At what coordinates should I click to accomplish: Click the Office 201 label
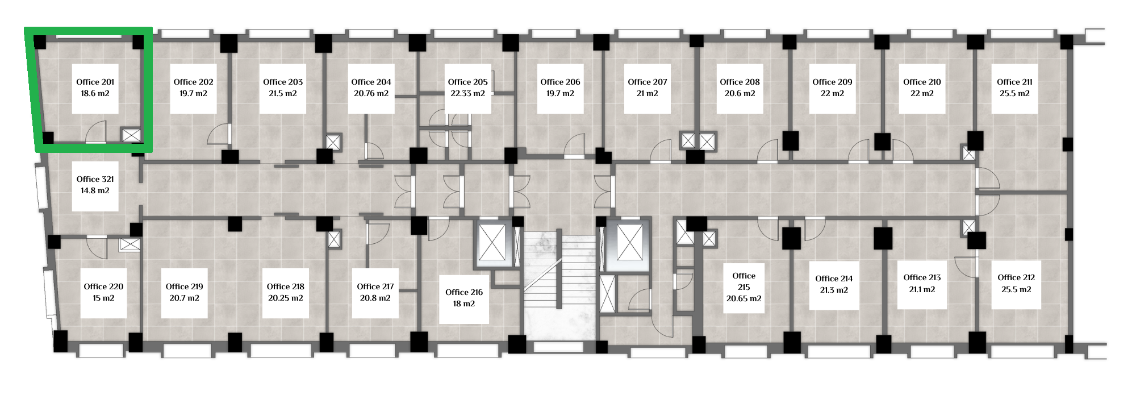pos(95,82)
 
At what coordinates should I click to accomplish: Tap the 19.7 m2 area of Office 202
pos(193,93)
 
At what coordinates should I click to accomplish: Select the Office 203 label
pos(283,82)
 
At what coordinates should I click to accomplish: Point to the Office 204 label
pos(371,82)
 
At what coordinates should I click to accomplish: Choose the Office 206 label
pos(560,82)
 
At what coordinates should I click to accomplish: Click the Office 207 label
pos(648,82)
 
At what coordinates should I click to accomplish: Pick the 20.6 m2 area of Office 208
pos(740,93)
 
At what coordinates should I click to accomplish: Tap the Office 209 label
pos(832,82)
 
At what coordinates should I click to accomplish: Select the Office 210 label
pos(922,82)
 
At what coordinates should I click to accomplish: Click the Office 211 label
pos(1014,82)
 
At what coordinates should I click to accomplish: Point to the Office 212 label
pos(1016,277)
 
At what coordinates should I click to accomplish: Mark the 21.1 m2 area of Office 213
pos(922,289)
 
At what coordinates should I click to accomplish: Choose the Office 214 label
pos(834,279)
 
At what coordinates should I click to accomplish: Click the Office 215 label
pos(744,281)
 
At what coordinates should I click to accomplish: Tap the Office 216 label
pos(464,292)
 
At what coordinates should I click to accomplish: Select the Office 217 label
pos(375,286)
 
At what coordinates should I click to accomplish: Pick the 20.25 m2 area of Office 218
pos(286,298)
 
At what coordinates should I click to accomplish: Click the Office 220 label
pos(103,286)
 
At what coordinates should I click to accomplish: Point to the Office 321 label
pos(95,179)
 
